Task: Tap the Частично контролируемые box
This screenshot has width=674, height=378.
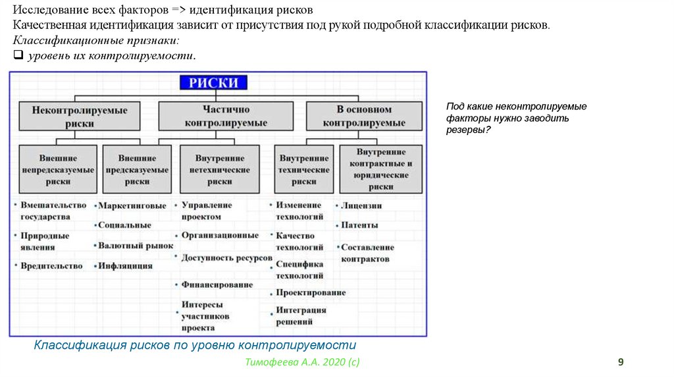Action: tap(226, 117)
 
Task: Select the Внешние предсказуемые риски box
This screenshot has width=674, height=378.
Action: tap(137, 169)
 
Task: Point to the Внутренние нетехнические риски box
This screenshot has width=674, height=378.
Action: tap(220, 169)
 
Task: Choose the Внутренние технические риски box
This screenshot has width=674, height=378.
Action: tap(304, 169)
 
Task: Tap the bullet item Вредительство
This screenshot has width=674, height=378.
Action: tap(51, 266)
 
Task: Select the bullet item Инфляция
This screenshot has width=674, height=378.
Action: tap(126, 266)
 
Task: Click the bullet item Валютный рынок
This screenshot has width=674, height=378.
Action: tap(135, 246)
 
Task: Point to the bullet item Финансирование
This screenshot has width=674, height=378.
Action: tap(217, 284)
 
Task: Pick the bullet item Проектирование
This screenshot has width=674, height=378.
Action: tap(311, 292)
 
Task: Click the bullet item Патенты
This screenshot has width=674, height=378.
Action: tap(359, 225)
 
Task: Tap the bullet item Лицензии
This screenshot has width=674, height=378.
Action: tap(361, 205)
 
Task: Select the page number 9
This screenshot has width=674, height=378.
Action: tap(620, 362)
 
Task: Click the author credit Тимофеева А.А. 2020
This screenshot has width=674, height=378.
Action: tap(302, 362)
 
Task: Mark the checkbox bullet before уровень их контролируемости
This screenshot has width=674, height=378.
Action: tap(18, 56)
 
